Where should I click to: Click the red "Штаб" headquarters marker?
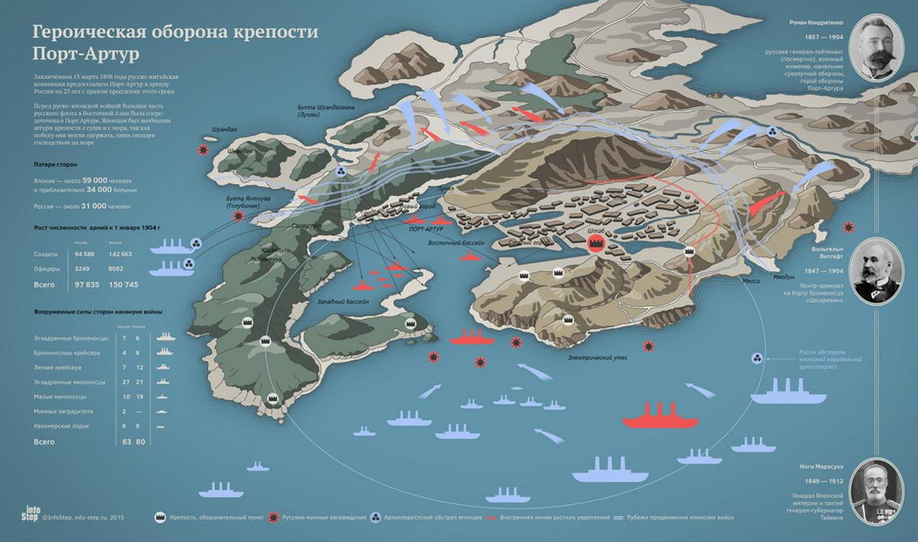pyautogui.click(x=597, y=243)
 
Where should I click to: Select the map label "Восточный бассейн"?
pyautogui.click(x=453, y=243)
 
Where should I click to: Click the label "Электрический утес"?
pyautogui.click(x=593, y=356)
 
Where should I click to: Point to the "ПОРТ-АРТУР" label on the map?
pyautogui.click(x=427, y=229)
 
